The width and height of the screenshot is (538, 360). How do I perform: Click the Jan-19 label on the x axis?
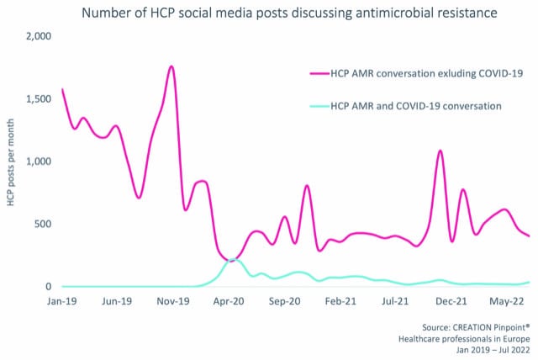(x=63, y=301)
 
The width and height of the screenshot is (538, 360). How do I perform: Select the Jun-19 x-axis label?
(x=116, y=301)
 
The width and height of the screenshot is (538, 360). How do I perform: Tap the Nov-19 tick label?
(x=171, y=301)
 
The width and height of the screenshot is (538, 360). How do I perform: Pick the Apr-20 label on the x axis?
(x=228, y=301)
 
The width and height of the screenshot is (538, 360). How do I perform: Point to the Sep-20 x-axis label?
(x=283, y=301)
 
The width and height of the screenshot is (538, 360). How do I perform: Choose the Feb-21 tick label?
(x=340, y=301)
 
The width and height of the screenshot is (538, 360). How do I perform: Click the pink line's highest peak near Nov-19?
(x=171, y=66)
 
